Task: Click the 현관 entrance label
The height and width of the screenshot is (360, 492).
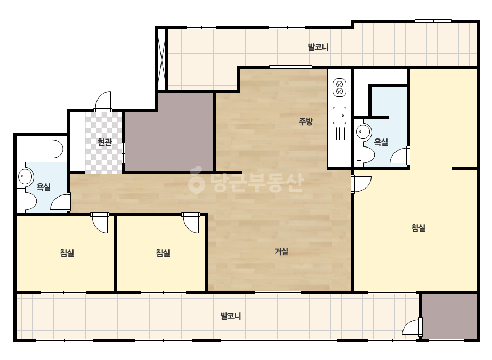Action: tap(104, 142)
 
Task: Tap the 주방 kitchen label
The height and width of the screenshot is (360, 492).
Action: tap(305, 121)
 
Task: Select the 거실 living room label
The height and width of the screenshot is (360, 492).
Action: tap(281, 251)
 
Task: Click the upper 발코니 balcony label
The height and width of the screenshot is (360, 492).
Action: tap(318, 47)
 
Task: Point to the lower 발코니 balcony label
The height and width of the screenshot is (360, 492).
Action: tap(231, 316)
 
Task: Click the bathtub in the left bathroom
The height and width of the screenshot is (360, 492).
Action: tap(43, 149)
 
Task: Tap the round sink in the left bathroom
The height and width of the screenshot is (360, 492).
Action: tap(25, 176)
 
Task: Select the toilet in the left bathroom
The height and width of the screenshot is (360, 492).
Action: tap(27, 201)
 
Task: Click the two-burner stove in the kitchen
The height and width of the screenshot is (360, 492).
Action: tap(340, 88)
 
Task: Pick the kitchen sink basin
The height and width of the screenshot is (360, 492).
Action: tap(340, 115)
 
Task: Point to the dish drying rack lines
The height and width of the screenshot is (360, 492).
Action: tap(339, 134)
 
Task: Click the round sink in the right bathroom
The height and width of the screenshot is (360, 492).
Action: tap(363, 131)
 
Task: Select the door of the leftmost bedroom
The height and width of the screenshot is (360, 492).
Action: tap(100, 223)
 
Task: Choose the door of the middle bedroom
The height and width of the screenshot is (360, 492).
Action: tap(191, 223)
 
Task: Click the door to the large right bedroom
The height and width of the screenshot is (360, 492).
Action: tap(361, 184)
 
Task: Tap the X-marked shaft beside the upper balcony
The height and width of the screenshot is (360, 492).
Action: tap(162, 59)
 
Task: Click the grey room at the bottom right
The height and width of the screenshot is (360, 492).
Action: tap(449, 316)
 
